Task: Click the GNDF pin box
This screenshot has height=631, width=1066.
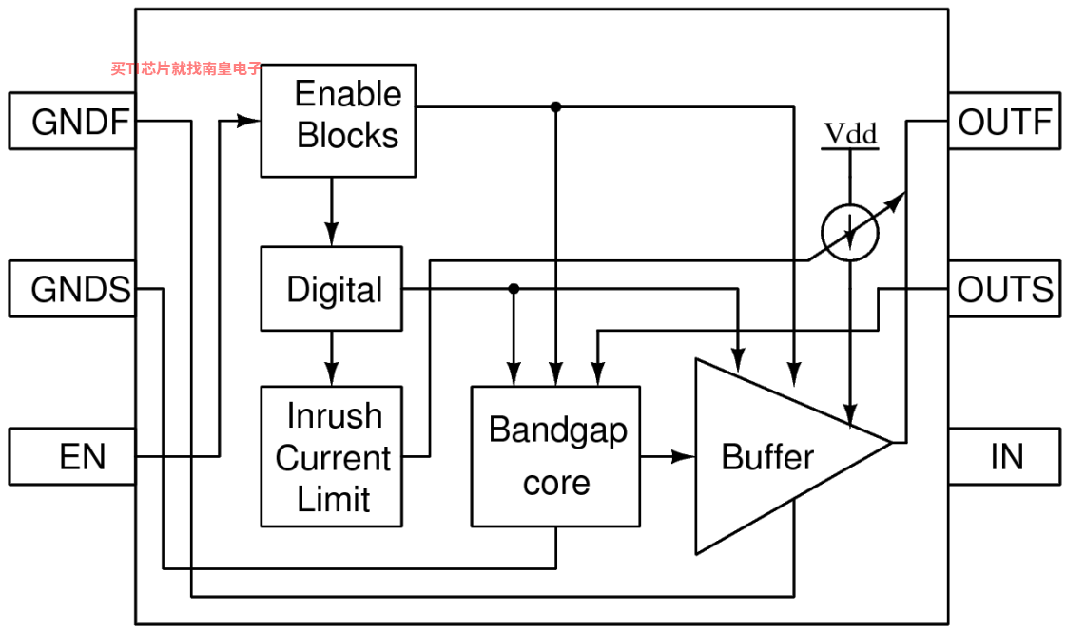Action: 72,121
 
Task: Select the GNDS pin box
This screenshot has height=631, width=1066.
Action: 72,289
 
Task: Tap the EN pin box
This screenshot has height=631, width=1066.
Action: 72,456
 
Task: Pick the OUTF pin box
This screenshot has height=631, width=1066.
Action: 1004,121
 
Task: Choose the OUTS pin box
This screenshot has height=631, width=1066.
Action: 1004,289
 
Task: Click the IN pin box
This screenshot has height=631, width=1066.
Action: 1004,456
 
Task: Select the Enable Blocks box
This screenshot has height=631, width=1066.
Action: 339,121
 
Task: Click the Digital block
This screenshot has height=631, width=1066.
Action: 332,289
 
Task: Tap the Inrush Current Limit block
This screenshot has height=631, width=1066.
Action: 332,456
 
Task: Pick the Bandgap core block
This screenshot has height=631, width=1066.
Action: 555,456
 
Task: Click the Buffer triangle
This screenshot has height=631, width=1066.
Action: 782,456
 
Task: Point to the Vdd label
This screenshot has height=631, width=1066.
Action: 850,134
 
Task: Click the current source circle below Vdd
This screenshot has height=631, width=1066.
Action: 850,233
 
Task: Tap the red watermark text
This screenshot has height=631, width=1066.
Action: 186,68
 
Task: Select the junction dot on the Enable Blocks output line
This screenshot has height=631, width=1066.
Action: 556,106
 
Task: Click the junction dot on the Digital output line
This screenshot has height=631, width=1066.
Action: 514,289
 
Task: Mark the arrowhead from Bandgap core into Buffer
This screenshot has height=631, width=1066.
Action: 683,456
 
